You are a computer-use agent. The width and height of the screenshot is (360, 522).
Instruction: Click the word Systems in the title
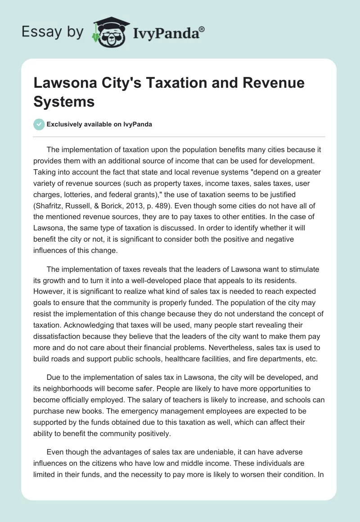coord(64,102)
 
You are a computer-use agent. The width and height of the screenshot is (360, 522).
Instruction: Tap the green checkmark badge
coord(40,124)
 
